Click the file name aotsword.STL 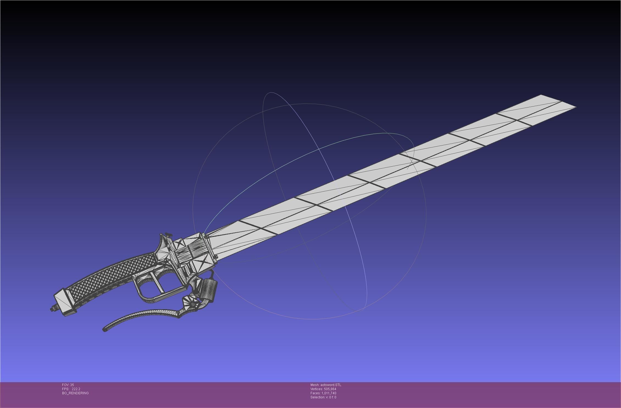point(331,385)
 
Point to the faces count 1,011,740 point(329,393)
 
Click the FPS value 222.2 point(76,389)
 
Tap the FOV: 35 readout point(68,385)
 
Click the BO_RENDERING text point(75,393)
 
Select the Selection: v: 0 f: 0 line point(323,397)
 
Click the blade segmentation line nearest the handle point(258,227)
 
